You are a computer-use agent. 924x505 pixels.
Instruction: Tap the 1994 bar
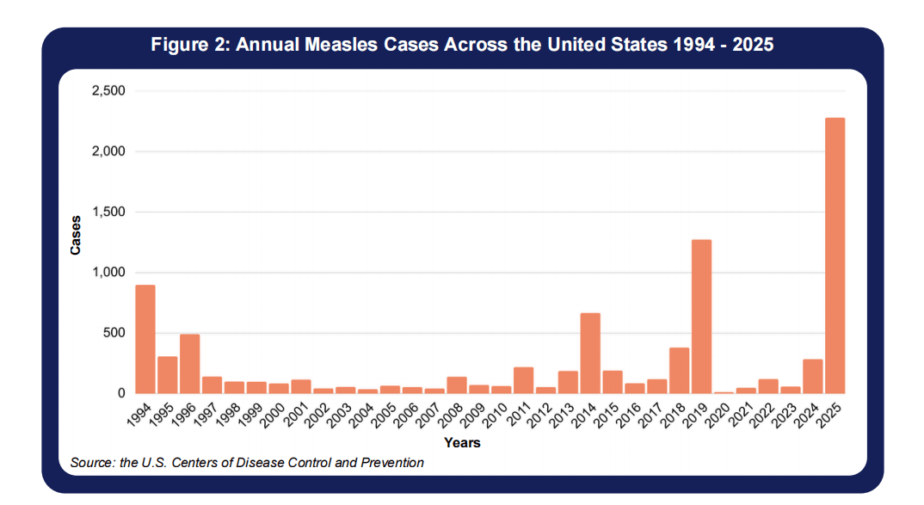145,339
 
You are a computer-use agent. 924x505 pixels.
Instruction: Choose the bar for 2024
812,376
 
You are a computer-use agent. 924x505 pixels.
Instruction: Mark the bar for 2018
679,370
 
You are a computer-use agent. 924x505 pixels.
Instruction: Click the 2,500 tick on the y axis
108,91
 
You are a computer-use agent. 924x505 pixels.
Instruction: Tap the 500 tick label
115,333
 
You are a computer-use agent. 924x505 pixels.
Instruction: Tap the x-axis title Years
462,443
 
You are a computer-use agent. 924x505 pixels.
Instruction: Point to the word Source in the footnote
92,463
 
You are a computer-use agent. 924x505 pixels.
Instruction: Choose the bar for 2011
523,380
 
